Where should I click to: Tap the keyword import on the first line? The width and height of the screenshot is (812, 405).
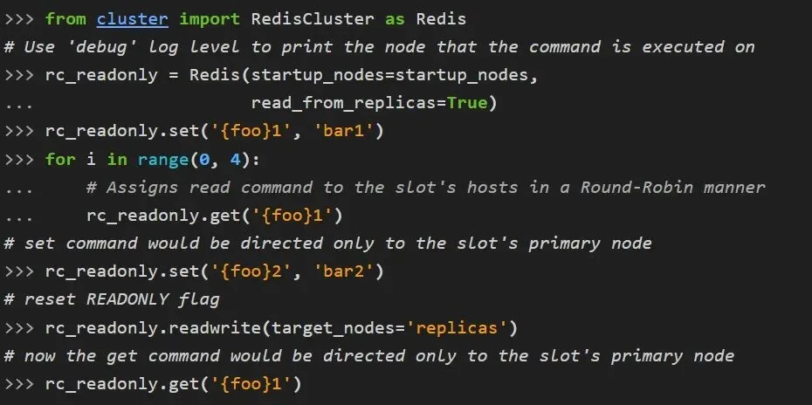[x=210, y=18]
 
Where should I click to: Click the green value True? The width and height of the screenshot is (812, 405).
[x=467, y=103]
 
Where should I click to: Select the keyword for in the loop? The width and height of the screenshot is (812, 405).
[x=60, y=159]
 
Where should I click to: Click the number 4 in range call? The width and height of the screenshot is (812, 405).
[x=235, y=159]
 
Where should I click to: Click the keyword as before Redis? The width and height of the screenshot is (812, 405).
[x=395, y=18]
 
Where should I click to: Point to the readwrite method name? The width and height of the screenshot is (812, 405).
[x=224, y=327]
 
